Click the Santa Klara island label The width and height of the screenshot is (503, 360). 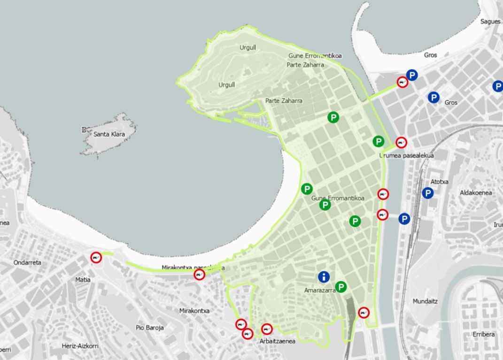click(109, 134)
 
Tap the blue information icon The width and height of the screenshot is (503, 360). click(324, 277)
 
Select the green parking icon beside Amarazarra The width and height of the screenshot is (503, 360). click(341, 287)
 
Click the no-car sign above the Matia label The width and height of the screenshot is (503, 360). click(96, 257)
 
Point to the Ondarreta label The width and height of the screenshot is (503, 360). click(27, 262)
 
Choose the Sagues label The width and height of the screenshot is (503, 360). click(490, 22)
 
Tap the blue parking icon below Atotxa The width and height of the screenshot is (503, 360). click(427, 193)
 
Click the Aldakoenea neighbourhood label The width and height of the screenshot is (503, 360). click(476, 193)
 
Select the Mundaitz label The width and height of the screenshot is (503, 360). click(425, 301)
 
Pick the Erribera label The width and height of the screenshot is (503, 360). click(484, 334)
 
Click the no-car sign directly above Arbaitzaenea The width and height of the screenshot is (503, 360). click(267, 329)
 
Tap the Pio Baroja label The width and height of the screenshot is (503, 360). click(150, 328)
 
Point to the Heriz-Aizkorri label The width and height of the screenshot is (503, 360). click(80, 346)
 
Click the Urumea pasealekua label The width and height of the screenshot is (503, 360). click(406, 155)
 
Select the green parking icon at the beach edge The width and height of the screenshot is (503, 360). click(307, 189)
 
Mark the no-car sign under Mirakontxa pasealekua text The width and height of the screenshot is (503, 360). click(199, 275)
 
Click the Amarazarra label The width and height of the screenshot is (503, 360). click(319, 291)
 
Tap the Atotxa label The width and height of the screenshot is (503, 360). click(439, 182)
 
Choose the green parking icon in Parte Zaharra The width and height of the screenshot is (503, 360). click(333, 117)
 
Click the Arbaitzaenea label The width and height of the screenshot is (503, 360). click(278, 341)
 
